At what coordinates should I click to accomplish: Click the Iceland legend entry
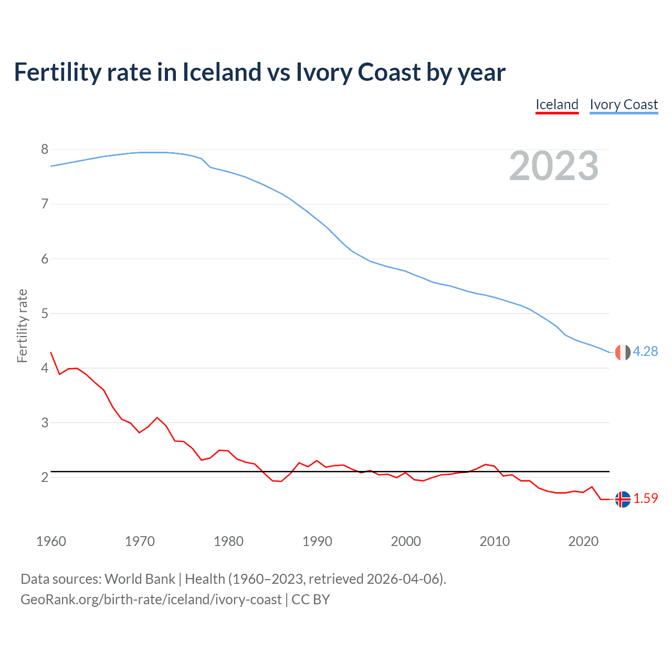pos(556,104)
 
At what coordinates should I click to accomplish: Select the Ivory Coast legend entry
pos(623,104)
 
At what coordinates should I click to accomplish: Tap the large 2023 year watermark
pos(553,166)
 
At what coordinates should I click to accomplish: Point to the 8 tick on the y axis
pos(45,150)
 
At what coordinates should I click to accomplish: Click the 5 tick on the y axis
pos(45,313)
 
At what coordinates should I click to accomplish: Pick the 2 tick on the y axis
pos(45,477)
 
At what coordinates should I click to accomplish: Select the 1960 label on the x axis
pos(51,541)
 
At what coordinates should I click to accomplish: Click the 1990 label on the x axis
pos(317,541)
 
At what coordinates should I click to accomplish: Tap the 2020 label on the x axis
pos(583,541)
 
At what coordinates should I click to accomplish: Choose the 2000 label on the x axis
pos(406,541)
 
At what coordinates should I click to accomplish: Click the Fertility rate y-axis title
pos(22,325)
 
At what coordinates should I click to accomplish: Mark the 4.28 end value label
pos(645,352)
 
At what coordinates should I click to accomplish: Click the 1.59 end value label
pos(645,499)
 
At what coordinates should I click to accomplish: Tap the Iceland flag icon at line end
pos(623,499)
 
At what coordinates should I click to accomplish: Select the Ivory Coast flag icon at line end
pos(623,352)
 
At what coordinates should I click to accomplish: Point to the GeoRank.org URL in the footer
pos(151,600)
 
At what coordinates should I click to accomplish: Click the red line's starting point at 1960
pos(51,352)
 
